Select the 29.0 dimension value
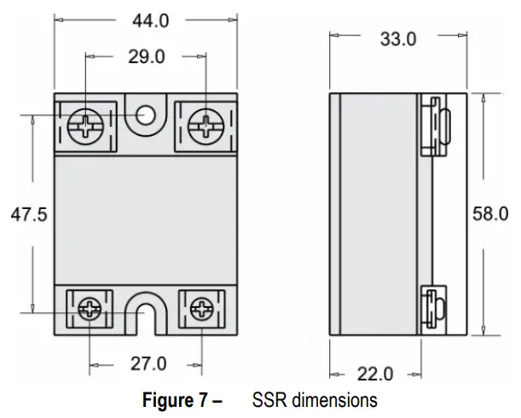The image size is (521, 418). pos(148,57)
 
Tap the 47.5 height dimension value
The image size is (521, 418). pos(28,215)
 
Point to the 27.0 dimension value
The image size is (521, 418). pos(148,364)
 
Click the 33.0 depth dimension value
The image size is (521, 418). pos(397,39)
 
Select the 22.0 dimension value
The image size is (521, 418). pos(375,374)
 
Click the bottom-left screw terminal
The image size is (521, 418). pos(90,309)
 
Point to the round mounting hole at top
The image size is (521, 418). pos(147,115)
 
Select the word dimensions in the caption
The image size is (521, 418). pos(332,400)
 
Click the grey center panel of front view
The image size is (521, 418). pos(147,218)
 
